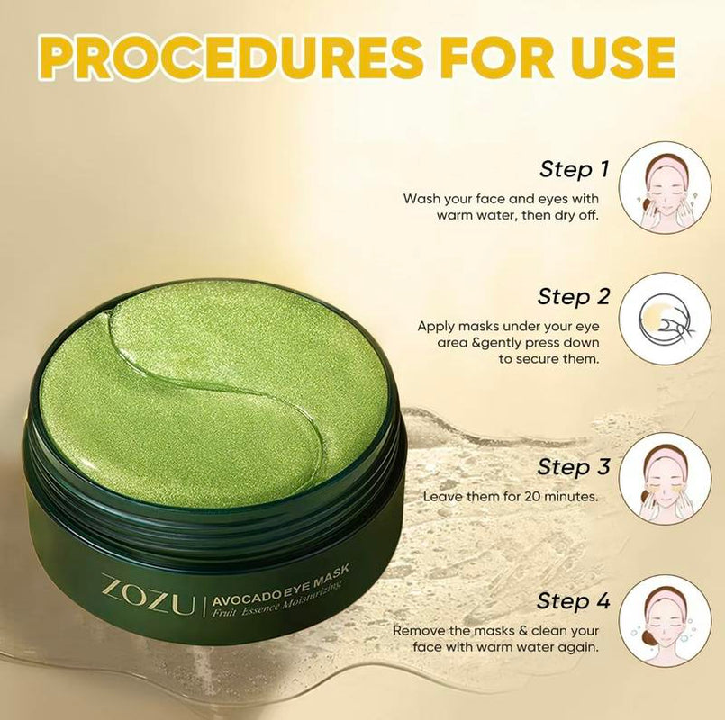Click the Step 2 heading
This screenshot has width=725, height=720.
point(574,296)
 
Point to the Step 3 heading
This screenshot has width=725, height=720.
point(574,467)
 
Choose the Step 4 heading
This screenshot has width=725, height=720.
point(574,600)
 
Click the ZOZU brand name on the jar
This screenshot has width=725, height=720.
point(149,595)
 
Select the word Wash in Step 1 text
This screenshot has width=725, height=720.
point(422,198)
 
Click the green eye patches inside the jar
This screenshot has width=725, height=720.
point(216,396)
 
